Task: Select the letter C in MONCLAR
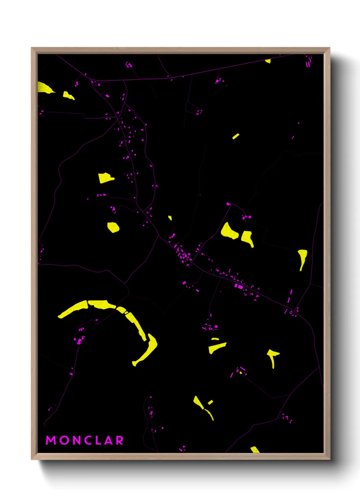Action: point(87,440)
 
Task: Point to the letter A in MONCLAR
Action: point(108,440)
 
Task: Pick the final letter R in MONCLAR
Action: point(119,440)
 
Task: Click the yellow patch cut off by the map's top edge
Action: point(268,61)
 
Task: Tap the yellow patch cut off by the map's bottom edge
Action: point(255,450)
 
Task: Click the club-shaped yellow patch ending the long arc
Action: point(148,349)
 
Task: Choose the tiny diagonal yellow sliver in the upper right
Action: point(235,136)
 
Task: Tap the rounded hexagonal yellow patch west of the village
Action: point(113,227)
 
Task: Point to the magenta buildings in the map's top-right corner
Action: point(308,61)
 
